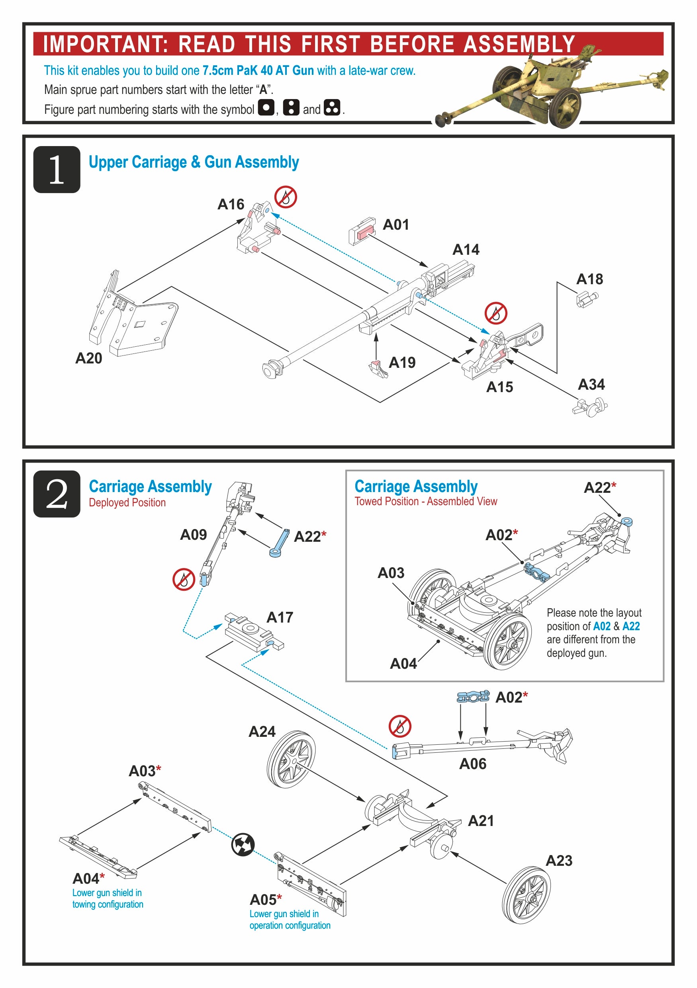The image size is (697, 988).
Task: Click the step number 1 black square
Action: click(57, 170)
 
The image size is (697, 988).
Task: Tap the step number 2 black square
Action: click(57, 494)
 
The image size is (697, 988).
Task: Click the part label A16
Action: click(231, 204)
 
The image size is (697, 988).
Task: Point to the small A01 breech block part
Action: click(362, 231)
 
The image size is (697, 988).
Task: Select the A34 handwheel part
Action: click(591, 406)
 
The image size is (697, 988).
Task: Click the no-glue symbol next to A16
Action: click(286, 197)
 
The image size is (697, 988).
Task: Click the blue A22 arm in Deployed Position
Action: click(279, 543)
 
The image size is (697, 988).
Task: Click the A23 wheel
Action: click(526, 895)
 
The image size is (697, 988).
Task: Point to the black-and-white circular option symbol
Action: click(243, 845)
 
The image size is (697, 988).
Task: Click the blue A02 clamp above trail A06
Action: click(473, 697)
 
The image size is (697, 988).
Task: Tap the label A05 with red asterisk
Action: click(266, 900)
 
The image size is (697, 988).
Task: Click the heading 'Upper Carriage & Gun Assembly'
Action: click(194, 162)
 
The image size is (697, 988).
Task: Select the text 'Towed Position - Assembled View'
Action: click(425, 501)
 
